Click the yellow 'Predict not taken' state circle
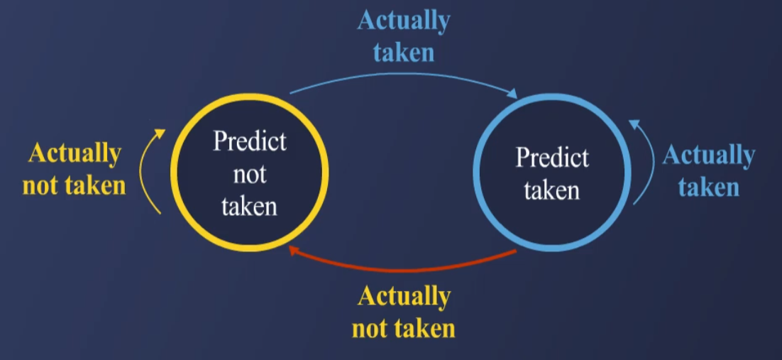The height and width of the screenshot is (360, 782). point(249,173)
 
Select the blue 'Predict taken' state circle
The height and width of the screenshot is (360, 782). point(551,173)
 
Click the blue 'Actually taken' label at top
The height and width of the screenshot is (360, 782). point(404,36)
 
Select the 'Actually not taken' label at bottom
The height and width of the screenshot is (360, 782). point(404,312)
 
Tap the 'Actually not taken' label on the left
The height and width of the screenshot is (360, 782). point(75,169)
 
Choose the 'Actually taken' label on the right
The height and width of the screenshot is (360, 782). point(708,171)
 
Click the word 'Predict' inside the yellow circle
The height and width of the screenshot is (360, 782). point(250,141)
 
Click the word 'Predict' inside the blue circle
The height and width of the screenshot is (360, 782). point(552,157)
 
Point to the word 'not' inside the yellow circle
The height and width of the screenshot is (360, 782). point(250,174)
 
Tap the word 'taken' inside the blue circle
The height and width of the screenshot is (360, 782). point(552,190)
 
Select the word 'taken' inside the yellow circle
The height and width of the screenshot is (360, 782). point(249,206)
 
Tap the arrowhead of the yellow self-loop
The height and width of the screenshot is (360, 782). point(161,133)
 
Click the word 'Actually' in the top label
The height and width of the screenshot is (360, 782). point(404,21)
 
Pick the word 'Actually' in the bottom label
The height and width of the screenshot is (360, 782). point(404,295)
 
